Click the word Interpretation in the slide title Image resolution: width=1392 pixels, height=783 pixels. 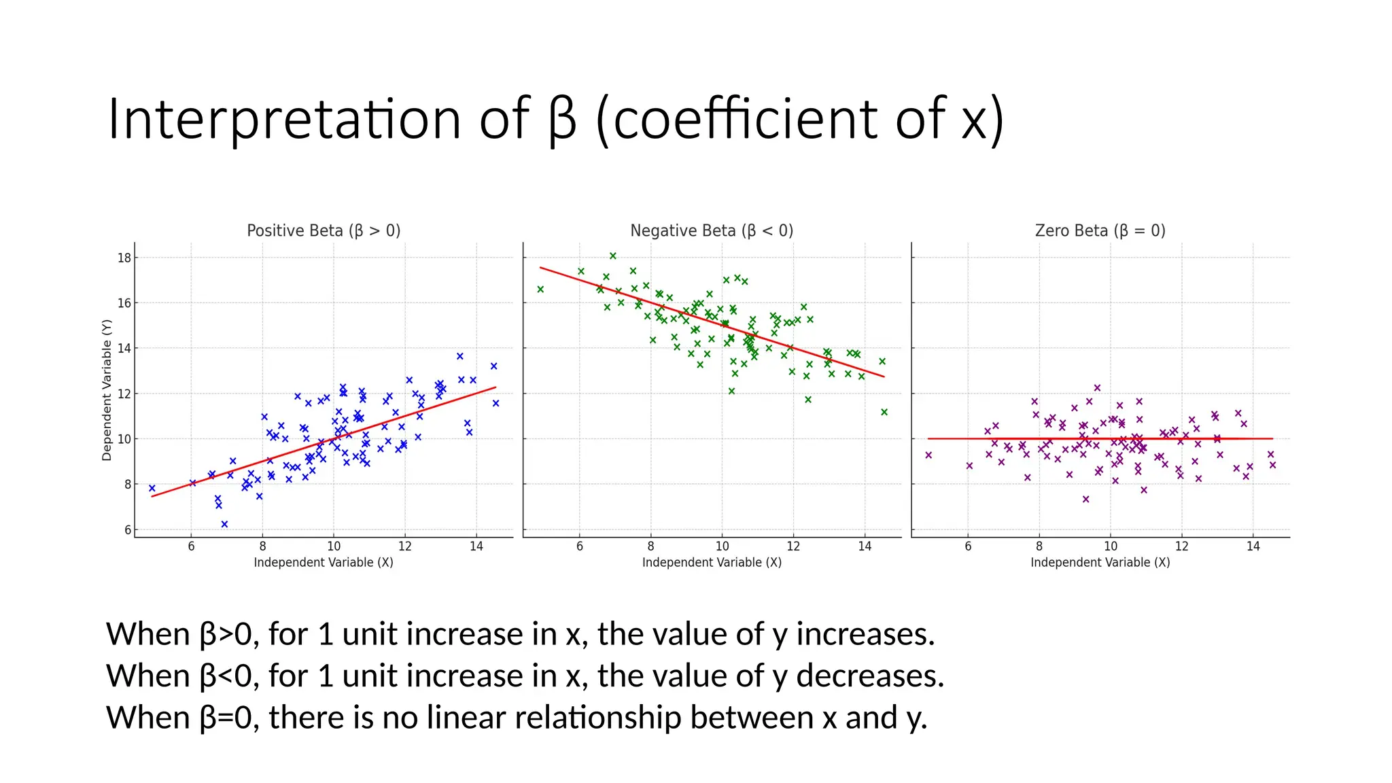[284, 120]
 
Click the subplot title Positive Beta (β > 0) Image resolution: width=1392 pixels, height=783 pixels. [324, 231]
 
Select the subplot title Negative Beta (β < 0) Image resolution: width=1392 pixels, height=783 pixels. [712, 231]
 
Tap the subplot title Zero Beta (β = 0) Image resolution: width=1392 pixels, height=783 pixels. [1100, 231]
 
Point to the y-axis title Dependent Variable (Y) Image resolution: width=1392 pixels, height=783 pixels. [107, 390]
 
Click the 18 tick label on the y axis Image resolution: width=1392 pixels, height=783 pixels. [124, 258]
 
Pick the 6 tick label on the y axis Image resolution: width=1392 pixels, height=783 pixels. [127, 529]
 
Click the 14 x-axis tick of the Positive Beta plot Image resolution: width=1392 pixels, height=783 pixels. [476, 546]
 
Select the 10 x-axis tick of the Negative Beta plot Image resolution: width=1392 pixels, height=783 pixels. [722, 546]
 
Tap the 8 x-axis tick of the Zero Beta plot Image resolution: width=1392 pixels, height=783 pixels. [1039, 546]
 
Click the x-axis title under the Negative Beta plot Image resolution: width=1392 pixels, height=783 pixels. [712, 563]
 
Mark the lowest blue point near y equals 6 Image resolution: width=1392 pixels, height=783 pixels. [224, 524]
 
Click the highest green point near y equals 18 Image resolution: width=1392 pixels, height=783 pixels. [613, 256]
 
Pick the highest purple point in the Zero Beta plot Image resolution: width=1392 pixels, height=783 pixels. [1097, 388]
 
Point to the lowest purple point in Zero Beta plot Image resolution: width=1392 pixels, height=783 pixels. [1086, 500]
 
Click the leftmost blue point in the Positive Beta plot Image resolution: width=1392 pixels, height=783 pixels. [152, 488]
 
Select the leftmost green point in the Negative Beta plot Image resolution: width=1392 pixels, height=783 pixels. [541, 290]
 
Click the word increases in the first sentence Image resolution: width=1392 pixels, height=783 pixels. [865, 634]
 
